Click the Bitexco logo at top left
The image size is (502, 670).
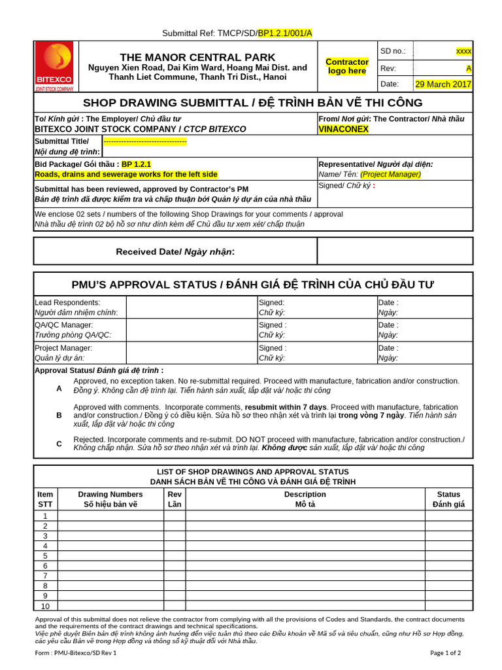click(x=55, y=67)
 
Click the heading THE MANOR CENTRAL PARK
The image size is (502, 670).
click(x=197, y=57)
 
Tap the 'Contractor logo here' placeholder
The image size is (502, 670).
click(x=347, y=66)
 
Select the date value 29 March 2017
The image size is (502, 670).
click(x=443, y=84)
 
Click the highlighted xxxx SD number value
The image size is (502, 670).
click(x=463, y=51)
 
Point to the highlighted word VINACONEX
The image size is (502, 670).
click(x=343, y=129)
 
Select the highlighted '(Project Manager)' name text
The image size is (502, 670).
click(x=390, y=174)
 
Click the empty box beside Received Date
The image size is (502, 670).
click(x=395, y=251)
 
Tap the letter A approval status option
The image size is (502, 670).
click(x=59, y=388)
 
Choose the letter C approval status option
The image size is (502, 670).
click(x=59, y=444)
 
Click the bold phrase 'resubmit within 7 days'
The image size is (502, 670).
click(x=286, y=407)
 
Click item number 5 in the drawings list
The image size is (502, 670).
click(x=45, y=555)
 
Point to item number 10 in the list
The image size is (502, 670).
click(x=45, y=606)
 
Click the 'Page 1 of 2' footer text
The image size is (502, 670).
click(x=444, y=652)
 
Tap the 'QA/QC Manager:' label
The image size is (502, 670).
click(x=63, y=325)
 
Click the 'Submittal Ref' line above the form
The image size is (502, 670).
click(x=237, y=33)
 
